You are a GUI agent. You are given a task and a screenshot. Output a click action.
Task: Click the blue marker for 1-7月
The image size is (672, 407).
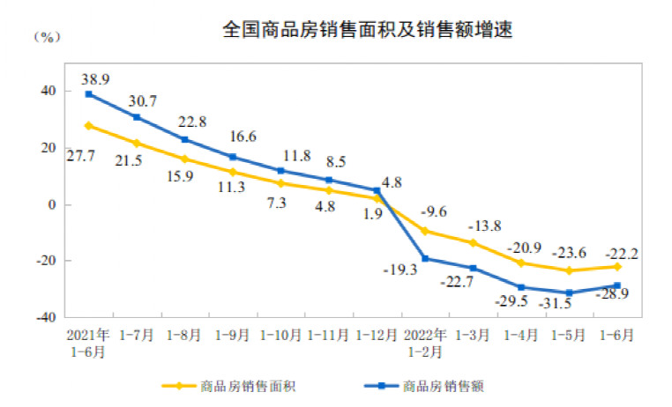pyautogui.click(x=137, y=117)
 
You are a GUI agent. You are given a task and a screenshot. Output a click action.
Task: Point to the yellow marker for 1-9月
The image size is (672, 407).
pyautogui.click(x=233, y=172)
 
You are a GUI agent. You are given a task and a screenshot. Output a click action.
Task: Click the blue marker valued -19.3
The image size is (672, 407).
pyautogui.click(x=425, y=258)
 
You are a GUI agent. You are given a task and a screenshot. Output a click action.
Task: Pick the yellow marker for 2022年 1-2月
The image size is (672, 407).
pyautogui.click(x=425, y=231)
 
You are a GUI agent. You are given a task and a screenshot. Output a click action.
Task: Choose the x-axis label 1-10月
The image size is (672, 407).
pyautogui.click(x=280, y=335)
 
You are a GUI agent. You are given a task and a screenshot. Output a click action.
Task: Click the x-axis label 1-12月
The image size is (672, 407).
pyautogui.click(x=377, y=335)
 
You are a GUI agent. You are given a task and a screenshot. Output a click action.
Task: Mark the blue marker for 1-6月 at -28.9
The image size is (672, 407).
pyautogui.click(x=617, y=285)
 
